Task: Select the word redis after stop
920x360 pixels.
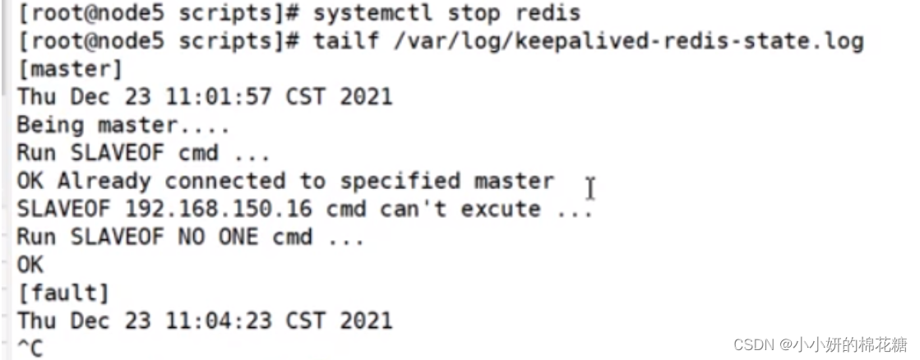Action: [x=550, y=14]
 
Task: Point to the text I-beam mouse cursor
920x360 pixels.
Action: [x=590, y=188]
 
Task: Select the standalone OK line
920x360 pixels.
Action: [x=30, y=265]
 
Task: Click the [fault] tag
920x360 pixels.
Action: [x=63, y=293]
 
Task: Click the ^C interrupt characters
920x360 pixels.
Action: [x=30, y=348]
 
